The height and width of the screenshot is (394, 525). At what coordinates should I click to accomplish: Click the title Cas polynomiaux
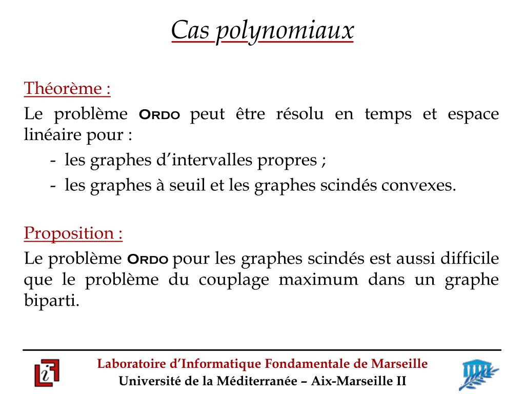tap(262, 31)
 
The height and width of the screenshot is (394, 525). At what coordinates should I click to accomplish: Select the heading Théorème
tap(67, 89)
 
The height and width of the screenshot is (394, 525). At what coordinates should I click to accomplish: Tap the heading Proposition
tap(73, 233)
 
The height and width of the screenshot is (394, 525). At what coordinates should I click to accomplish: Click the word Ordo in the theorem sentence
tap(159, 114)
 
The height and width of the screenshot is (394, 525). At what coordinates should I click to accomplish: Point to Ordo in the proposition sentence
tap(148, 259)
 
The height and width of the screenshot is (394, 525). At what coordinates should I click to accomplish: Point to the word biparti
tap(52, 301)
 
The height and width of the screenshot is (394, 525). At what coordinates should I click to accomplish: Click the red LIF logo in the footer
tap(47, 373)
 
